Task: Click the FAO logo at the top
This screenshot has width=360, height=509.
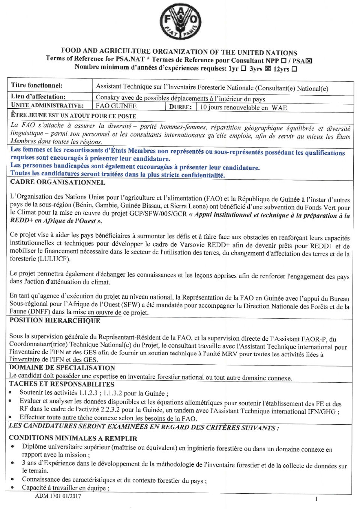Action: tap(180, 21)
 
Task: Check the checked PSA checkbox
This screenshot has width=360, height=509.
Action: tap(309, 61)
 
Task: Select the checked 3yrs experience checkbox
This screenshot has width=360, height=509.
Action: tap(268, 69)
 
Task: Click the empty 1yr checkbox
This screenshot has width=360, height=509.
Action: tap(243, 68)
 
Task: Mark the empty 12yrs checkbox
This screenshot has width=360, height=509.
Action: tap(294, 69)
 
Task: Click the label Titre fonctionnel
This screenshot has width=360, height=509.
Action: tap(37, 85)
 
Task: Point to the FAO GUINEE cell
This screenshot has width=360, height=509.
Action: tap(116, 106)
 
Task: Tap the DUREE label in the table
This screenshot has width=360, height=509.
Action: tap(180, 107)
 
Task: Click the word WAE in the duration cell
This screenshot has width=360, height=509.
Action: tap(279, 108)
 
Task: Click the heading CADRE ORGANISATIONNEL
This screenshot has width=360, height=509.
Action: tap(57, 183)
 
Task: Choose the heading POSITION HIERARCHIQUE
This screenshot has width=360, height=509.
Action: tap(55, 320)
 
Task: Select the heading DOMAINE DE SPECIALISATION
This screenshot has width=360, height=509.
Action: tap(62, 368)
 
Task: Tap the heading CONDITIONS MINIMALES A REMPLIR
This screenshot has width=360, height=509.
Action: tap(73, 438)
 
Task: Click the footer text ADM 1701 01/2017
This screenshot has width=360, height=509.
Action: tap(58, 496)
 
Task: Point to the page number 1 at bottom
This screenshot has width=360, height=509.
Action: tap(316, 499)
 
